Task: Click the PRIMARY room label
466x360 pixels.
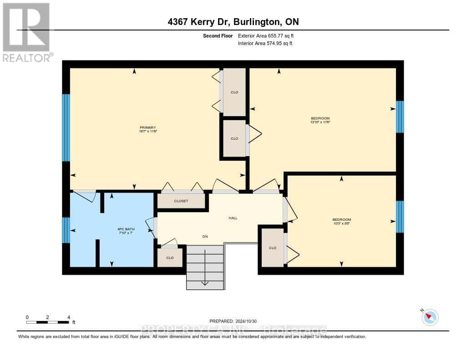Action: tap(148, 127)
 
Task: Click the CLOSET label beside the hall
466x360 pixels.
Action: tap(181, 201)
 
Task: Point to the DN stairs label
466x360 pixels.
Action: tap(205, 236)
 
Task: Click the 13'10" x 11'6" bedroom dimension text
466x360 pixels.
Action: tap(320, 122)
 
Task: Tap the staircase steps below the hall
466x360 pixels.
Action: tap(205, 268)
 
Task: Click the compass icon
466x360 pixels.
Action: tap(430, 317)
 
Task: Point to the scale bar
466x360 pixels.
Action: tap(47, 322)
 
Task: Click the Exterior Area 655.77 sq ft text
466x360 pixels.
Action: tap(269, 35)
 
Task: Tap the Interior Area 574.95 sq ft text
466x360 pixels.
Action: tap(265, 43)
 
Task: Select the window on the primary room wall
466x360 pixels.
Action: tap(66, 127)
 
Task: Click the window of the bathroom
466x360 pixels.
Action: tap(66, 230)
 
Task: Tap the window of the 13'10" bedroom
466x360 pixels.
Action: tap(400, 117)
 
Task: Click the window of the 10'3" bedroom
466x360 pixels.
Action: tap(400, 217)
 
